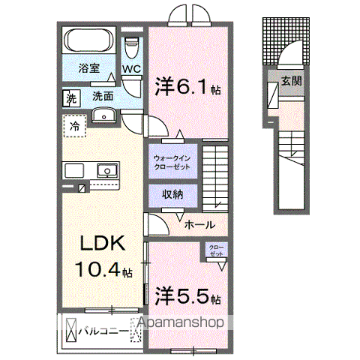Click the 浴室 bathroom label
tap(88, 68)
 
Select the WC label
tap(133, 69)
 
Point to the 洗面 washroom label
tap(103, 96)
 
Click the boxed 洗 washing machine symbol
tap(71, 97)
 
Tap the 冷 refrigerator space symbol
tap(75, 127)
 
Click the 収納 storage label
tap(174, 195)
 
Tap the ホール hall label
tap(199, 224)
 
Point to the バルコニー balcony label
tap(102, 328)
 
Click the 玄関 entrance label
tap(292, 80)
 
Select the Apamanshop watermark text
tap(180, 322)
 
